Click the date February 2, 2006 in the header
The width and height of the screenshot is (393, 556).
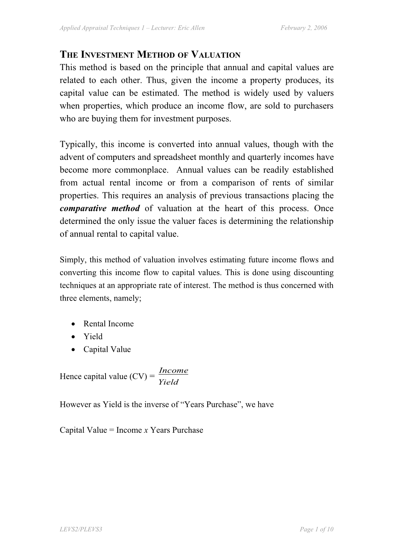point(304,28)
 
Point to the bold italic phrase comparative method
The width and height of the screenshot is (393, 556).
point(100,208)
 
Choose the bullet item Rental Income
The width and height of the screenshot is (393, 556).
point(108,324)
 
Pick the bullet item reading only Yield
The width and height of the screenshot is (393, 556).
point(93,336)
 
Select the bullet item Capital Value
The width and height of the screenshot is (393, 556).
point(107,349)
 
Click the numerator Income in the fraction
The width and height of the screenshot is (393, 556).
point(173,371)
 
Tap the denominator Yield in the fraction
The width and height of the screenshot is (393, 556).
point(169,382)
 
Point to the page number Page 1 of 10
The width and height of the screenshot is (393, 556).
point(316,529)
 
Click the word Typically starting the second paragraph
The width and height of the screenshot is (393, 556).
point(78,144)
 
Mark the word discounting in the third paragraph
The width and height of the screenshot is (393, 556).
point(314,272)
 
